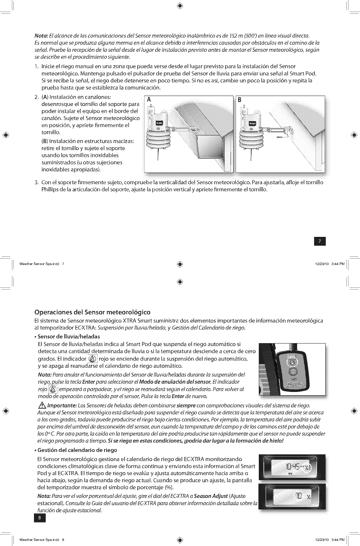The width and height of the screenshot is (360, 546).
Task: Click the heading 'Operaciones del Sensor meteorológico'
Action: click(x=92, y=312)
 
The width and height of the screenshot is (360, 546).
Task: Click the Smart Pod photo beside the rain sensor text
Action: click(x=292, y=369)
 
